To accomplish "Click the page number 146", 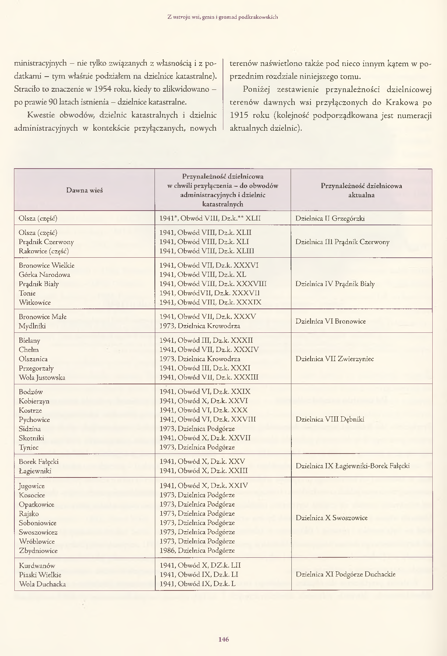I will click(223, 639).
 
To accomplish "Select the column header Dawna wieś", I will click(84, 190).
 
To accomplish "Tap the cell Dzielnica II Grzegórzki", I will click(330, 218).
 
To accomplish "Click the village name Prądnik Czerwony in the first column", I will click(46, 242).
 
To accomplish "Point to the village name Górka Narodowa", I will click(45, 275).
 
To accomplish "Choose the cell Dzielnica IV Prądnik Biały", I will click(335, 284).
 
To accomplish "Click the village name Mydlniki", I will click(32, 326).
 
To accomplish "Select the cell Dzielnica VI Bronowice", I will click(330, 321).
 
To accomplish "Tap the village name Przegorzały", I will click(36, 368).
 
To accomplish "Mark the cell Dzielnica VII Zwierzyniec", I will click(334, 359).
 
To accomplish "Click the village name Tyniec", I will click(29, 448).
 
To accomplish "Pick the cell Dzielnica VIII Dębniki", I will click(330, 419).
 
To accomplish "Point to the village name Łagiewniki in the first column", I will click(35, 471).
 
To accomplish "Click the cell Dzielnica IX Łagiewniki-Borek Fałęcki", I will click(352, 466).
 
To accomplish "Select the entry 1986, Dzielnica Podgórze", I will click(197, 551).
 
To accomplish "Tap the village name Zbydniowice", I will click(38, 551).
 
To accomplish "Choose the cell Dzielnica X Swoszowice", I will click(331, 518).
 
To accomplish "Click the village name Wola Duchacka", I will click(42, 584).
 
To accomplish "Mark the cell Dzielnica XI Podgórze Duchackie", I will click(345, 574).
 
